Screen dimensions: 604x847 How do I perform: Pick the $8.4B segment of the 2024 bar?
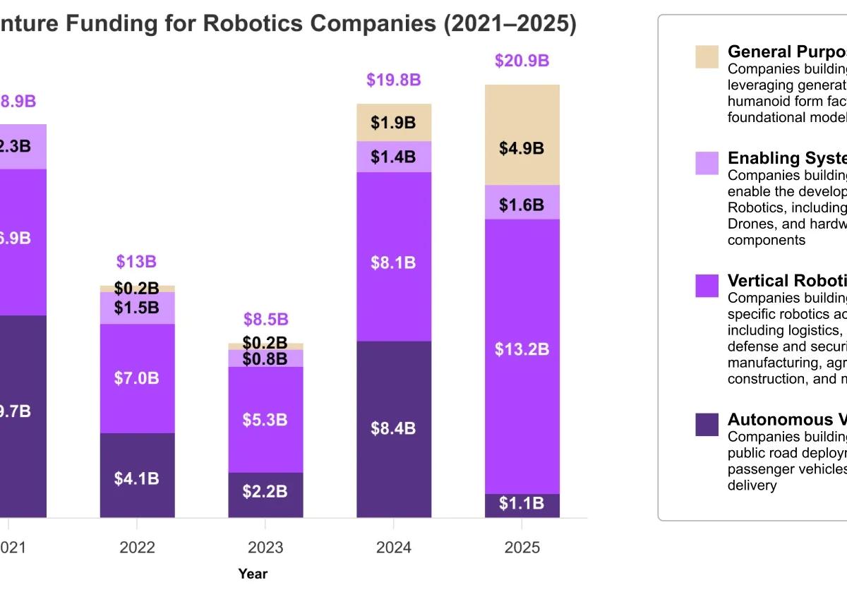394,429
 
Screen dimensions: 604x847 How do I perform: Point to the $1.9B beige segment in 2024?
394,122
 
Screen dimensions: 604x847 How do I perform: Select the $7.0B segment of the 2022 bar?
137,378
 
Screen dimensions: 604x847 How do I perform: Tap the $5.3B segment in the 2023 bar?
265,419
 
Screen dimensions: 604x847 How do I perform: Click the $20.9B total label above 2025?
522,61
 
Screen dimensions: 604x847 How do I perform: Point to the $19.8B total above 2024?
394,80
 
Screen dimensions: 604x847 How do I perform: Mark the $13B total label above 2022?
136,262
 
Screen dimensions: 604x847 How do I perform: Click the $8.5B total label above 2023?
265,319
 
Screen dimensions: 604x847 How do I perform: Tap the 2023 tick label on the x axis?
265,548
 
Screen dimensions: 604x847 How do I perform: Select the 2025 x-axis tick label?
522,548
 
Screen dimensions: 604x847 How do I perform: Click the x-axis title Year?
253,574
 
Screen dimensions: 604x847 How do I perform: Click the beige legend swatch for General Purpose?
707,56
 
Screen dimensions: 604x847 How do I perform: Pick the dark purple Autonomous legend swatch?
707,424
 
